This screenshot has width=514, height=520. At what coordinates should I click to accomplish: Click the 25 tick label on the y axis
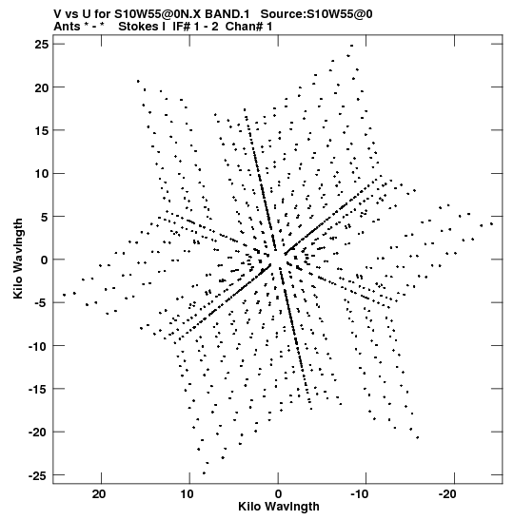pyautogui.click(x=42, y=44)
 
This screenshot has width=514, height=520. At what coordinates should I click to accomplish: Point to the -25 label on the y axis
pyautogui.click(x=38, y=476)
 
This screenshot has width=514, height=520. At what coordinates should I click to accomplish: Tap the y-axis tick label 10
pyautogui.click(x=42, y=173)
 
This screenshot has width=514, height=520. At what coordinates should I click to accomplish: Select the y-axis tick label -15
pyautogui.click(x=38, y=389)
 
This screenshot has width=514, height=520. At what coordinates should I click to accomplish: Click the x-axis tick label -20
pyautogui.click(x=448, y=494)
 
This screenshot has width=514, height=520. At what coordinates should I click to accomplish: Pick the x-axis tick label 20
pyautogui.click(x=99, y=494)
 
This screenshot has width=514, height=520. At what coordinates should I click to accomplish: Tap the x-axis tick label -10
pyautogui.click(x=360, y=494)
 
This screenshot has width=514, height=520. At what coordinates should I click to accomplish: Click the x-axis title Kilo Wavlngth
pyautogui.click(x=279, y=507)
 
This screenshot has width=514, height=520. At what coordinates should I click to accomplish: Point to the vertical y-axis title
pyautogui.click(x=18, y=259)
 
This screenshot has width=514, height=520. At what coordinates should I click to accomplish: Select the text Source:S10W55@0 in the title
pyautogui.click(x=316, y=14)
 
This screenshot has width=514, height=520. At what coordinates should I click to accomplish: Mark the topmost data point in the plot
pyautogui.click(x=351, y=46)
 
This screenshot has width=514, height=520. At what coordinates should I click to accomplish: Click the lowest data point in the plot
pyautogui.click(x=204, y=473)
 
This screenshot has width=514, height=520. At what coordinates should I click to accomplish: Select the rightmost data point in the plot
pyautogui.click(x=491, y=223)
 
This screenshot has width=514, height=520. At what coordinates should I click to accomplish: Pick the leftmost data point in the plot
pyautogui.click(x=64, y=295)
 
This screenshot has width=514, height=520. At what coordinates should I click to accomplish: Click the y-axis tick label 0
pyautogui.click(x=45, y=260)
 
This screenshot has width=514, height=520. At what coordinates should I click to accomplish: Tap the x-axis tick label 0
pyautogui.click(x=278, y=494)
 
